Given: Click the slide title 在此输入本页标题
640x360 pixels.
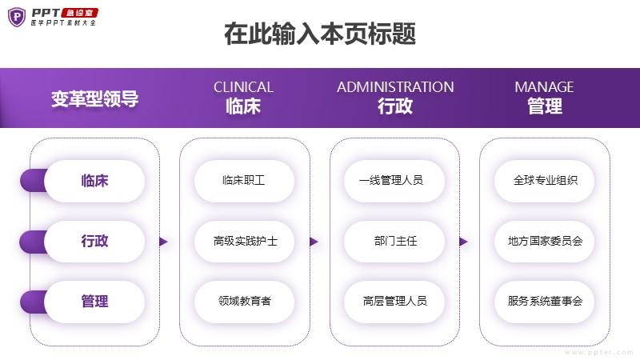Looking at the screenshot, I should click(x=320, y=35).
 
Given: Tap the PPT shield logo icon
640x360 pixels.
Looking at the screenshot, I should click(x=17, y=17).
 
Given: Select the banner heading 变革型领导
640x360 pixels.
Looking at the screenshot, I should click(x=94, y=99).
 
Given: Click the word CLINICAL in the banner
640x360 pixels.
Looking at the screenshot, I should click(x=243, y=87).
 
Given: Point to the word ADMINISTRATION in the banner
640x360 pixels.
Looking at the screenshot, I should click(x=395, y=87).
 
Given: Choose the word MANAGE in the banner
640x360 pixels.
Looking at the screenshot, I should click(x=544, y=87).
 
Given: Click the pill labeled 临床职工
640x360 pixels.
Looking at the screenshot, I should click(x=244, y=181).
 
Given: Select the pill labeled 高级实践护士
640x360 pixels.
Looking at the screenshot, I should click(x=244, y=241).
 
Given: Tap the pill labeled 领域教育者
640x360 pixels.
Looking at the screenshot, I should click(x=244, y=302).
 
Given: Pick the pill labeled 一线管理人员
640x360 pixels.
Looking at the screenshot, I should click(x=394, y=181).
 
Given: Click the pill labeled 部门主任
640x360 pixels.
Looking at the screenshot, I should click(x=394, y=241).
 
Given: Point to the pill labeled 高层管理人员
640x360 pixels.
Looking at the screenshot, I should click(x=394, y=302).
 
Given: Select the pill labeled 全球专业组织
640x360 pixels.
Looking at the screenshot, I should click(x=545, y=181).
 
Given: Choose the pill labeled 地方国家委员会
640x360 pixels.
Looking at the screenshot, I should click(x=545, y=241).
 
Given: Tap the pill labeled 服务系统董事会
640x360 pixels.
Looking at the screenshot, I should click(x=545, y=302).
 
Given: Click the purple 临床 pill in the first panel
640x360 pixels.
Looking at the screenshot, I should click(x=94, y=181).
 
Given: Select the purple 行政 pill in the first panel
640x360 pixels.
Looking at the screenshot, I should click(x=94, y=241).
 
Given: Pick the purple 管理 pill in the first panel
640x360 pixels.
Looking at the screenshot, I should click(x=94, y=302).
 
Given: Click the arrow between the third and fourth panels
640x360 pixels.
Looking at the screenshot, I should click(x=463, y=242).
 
